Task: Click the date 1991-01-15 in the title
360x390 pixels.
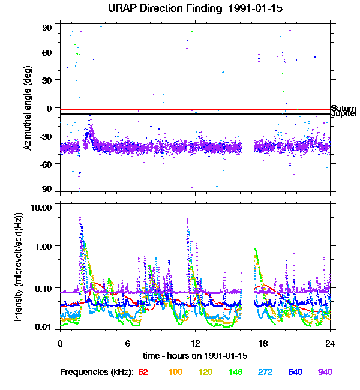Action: [x=239, y=9]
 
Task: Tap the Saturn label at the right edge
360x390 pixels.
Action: [x=344, y=108]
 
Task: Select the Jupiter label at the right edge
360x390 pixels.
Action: [x=344, y=113]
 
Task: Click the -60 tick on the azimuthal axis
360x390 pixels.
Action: [x=46, y=163]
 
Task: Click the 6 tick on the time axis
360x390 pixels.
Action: [x=128, y=344]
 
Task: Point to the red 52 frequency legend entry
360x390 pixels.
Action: [x=143, y=372]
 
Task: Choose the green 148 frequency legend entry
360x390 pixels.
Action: [x=235, y=372]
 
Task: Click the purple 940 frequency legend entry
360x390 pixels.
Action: [x=325, y=372]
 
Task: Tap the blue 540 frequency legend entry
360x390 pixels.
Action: [x=295, y=372]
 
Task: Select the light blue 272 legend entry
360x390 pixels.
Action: [x=265, y=372]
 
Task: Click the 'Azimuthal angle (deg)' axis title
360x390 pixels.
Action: [x=28, y=109]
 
